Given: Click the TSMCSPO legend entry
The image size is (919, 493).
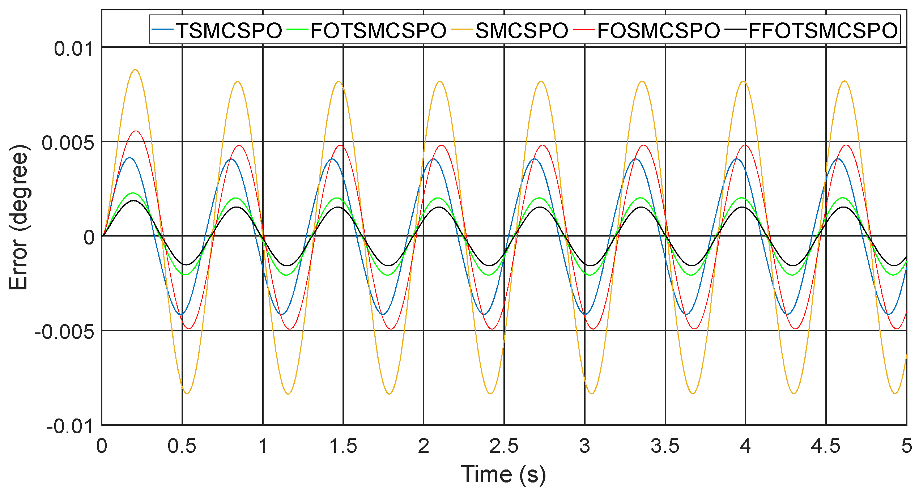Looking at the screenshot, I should (229, 30).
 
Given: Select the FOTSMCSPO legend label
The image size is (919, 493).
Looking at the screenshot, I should (378, 30).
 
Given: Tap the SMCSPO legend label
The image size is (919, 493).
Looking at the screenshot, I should (522, 30).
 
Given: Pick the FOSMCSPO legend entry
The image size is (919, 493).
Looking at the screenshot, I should (659, 30).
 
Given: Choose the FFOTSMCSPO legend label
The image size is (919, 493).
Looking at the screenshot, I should (823, 30).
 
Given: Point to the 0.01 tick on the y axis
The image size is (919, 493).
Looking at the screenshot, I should (74, 48).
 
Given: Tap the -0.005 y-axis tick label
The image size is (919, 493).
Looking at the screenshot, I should (64, 331).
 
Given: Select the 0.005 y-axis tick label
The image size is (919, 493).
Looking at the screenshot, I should (68, 143).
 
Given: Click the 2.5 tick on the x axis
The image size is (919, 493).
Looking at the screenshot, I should (504, 446).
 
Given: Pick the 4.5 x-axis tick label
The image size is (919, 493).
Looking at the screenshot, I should (826, 446).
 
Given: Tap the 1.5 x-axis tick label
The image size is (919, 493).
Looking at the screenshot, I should (343, 446).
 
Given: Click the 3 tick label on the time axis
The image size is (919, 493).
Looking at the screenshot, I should (584, 446).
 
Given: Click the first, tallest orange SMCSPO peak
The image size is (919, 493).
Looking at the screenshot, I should (135, 69).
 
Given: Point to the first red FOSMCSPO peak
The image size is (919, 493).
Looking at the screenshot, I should (136, 131).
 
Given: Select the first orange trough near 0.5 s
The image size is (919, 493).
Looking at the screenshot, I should (187, 394).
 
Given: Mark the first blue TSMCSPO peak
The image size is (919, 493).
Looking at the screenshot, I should (129, 158).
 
